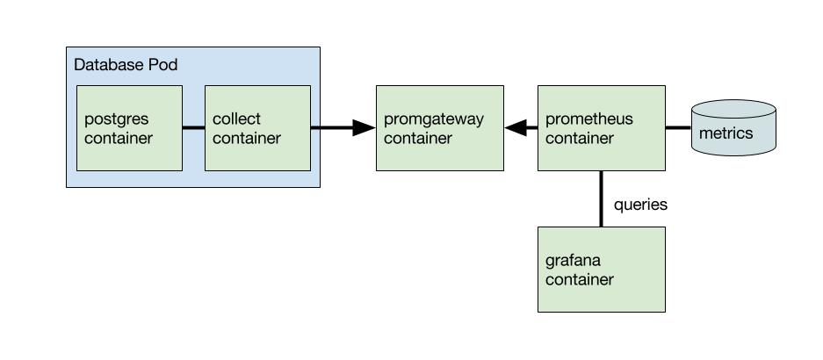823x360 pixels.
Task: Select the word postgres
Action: tap(114, 119)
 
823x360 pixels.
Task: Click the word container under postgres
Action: tap(119, 139)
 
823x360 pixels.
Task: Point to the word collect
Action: tap(236, 119)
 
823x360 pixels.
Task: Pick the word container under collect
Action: tap(247, 139)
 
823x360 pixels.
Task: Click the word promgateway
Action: tap(434, 119)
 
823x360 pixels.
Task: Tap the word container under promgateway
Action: tap(418, 139)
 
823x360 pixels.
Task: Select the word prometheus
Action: tap(588, 119)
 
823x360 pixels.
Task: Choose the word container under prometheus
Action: tap(580, 139)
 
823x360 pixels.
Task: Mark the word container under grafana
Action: tap(580, 280)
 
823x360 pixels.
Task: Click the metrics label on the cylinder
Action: tap(726, 134)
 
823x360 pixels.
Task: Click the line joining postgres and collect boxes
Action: tap(193, 128)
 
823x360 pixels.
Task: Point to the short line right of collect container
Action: tap(314, 128)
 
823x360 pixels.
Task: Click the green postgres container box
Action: tap(129, 158)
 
